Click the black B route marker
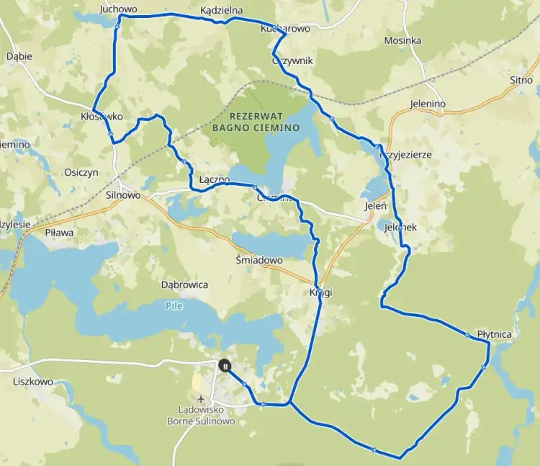pyautogui.click(x=225, y=366)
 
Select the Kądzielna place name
pyautogui.click(x=222, y=11)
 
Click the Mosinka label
pyautogui.click(x=402, y=40)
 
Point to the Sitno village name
pyautogui.click(x=521, y=80)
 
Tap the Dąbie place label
pyautogui.click(x=18, y=55)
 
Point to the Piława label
pyautogui.click(x=60, y=233)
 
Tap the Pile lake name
pyautogui.click(x=174, y=306)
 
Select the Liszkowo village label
pyautogui.click(x=33, y=382)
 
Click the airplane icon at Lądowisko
pyautogui.click(x=200, y=398)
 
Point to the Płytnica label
pyautogui.click(x=494, y=334)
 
